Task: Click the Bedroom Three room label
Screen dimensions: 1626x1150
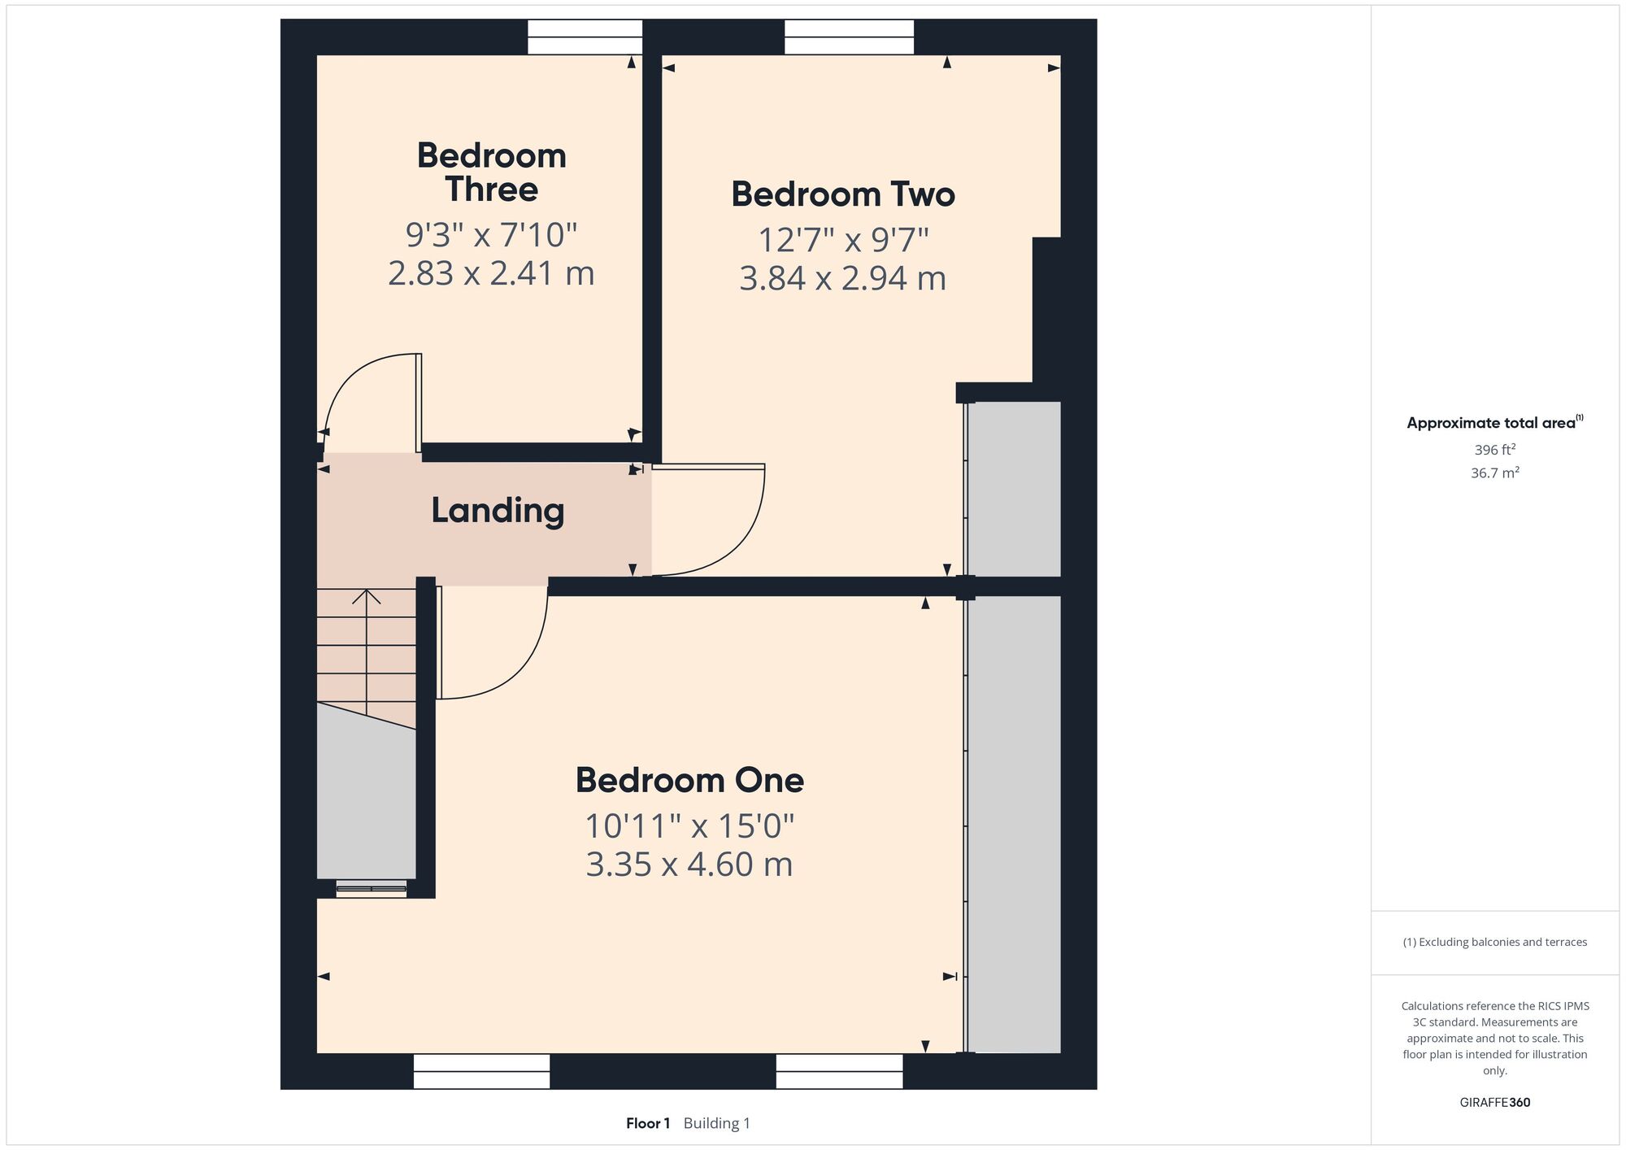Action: pyautogui.click(x=492, y=172)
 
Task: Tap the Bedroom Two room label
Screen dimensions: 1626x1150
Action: pyautogui.click(x=843, y=194)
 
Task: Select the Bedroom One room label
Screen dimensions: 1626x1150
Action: pyautogui.click(x=689, y=781)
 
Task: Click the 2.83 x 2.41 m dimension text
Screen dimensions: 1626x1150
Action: pyautogui.click(x=491, y=273)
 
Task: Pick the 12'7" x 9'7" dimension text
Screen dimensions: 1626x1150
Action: pyautogui.click(x=843, y=241)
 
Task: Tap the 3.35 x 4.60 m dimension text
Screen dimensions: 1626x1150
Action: pyautogui.click(x=689, y=865)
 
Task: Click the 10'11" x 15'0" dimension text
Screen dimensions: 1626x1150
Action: pyautogui.click(x=689, y=826)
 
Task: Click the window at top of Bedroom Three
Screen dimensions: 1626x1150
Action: pyautogui.click(x=585, y=37)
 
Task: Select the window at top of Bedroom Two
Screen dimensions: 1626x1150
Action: pyautogui.click(x=849, y=37)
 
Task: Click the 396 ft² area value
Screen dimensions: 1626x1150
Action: pyautogui.click(x=1495, y=449)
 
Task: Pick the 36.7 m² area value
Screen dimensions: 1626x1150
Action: pyautogui.click(x=1495, y=473)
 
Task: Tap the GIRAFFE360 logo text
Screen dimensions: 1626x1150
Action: pyautogui.click(x=1495, y=1103)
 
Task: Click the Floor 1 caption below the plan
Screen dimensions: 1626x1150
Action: pyautogui.click(x=648, y=1123)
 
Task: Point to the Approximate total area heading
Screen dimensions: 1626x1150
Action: pyautogui.click(x=1495, y=422)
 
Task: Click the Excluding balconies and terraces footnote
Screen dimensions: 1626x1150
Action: pyautogui.click(x=1495, y=942)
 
